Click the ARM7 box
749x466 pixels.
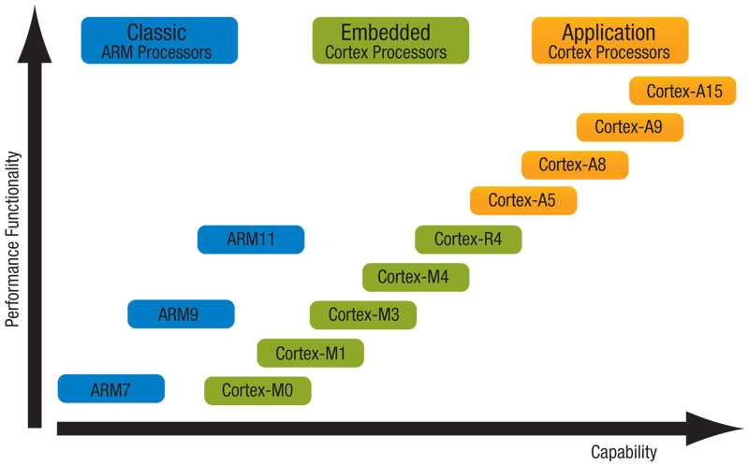111,388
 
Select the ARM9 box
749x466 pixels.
181,313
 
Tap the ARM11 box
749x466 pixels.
251,240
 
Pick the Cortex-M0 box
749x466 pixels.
258,390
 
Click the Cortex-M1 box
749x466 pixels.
311,353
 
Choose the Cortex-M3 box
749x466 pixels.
363,314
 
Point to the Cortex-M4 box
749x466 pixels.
416,277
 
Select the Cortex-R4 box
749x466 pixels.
469,240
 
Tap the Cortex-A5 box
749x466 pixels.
523,200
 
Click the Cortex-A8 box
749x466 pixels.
575,165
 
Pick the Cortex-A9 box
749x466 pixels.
630,127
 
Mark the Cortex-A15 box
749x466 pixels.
683,90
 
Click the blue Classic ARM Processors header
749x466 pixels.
159,40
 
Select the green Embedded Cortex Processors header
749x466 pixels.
390,40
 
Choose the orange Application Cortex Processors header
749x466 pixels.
610,40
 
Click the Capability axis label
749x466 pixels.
624,452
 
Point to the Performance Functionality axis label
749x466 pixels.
12,239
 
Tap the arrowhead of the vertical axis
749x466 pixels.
35,35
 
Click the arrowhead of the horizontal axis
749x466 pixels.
714,429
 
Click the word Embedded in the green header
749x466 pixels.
386,33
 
